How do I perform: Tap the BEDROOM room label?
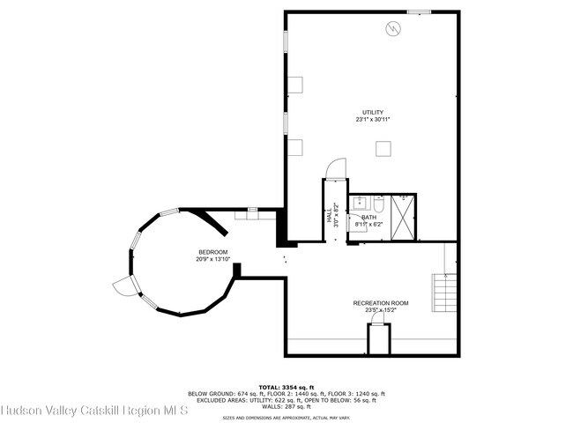212,252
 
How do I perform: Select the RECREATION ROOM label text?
381,302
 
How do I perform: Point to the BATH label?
368,217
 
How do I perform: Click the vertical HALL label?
330,217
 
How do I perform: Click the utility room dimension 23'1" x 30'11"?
372,119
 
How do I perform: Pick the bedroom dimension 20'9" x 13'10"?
212,259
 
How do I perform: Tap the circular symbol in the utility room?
393,29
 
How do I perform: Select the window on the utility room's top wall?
420,11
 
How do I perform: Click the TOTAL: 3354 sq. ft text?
286,386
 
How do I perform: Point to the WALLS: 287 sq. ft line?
286,407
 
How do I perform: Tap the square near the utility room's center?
383,149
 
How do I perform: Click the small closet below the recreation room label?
379,339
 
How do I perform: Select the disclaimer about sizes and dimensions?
286,418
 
